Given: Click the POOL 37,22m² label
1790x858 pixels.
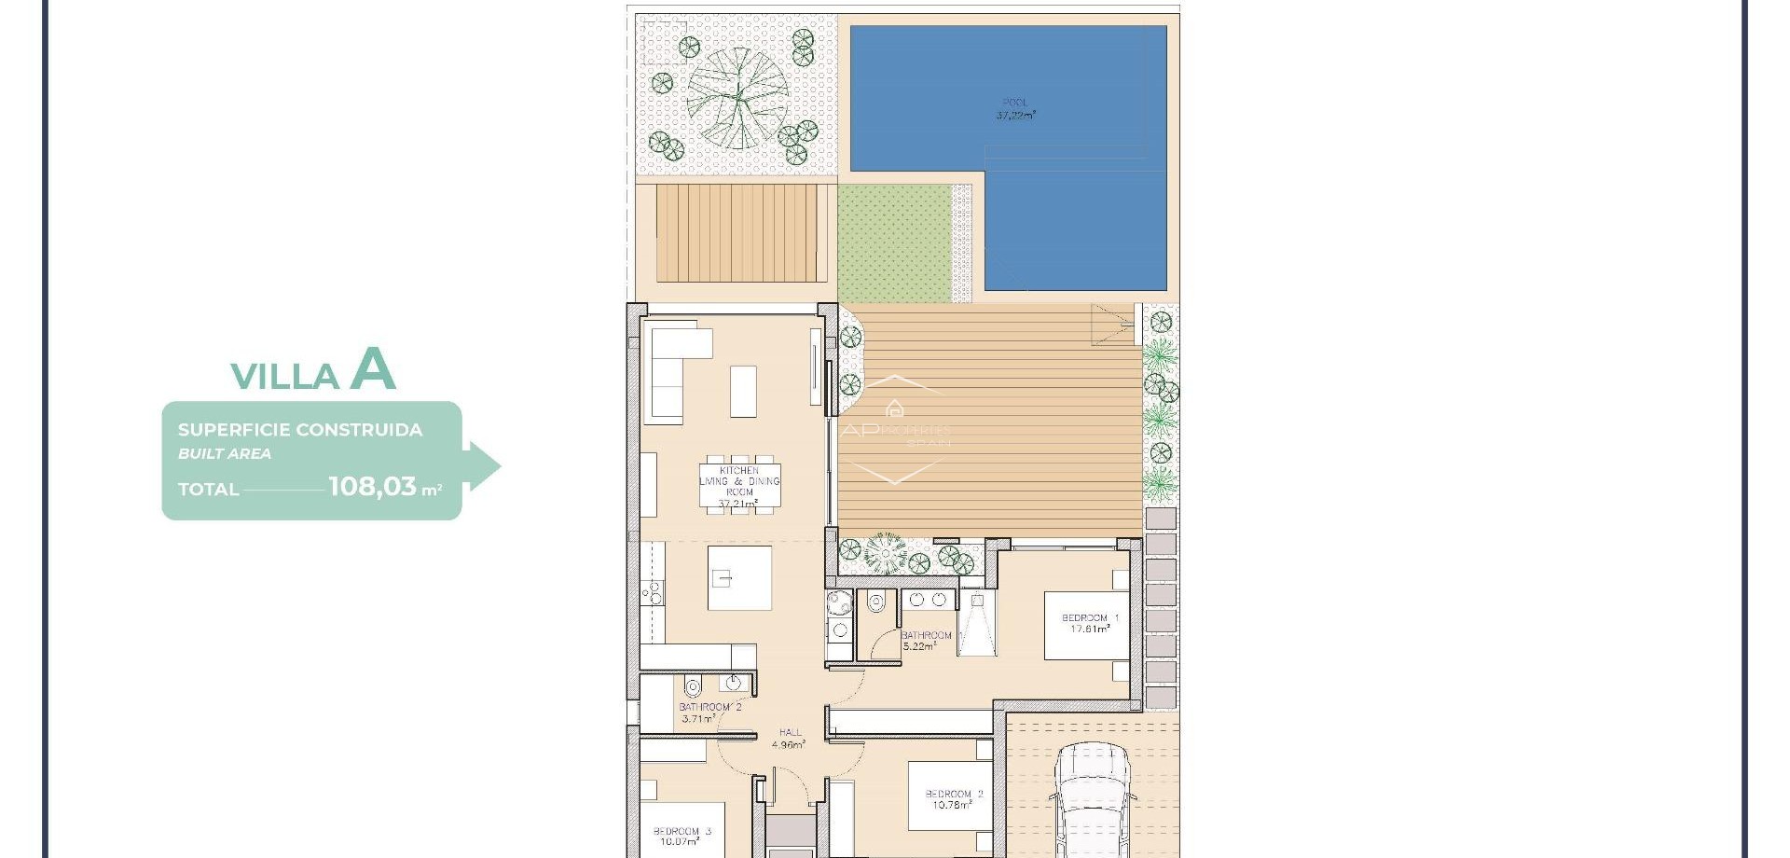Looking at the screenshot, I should (1014, 109).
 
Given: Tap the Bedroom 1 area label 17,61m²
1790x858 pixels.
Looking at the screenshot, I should (1089, 624).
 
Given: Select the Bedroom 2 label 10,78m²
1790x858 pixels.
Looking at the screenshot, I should (953, 799).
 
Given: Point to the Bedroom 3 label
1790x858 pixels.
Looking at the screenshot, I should (682, 836).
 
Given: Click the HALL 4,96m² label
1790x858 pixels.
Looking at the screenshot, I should (789, 739).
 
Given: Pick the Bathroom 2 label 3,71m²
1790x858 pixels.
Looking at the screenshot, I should (709, 713).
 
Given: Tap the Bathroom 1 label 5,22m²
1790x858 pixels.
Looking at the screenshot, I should (926, 640).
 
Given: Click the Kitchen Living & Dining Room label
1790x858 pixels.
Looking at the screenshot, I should (739, 487).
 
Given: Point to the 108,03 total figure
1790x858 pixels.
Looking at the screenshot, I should (372, 486).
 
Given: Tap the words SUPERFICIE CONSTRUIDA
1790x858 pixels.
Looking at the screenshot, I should (300, 430).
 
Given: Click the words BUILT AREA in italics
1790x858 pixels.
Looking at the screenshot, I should (225, 454).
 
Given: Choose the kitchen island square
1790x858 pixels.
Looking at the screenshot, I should (739, 578).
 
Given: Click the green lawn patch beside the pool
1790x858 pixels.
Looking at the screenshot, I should (893, 242).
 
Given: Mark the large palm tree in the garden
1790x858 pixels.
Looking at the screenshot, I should (737, 98).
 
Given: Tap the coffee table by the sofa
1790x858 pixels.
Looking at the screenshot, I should (743, 391).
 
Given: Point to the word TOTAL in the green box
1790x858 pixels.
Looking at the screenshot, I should (209, 490).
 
